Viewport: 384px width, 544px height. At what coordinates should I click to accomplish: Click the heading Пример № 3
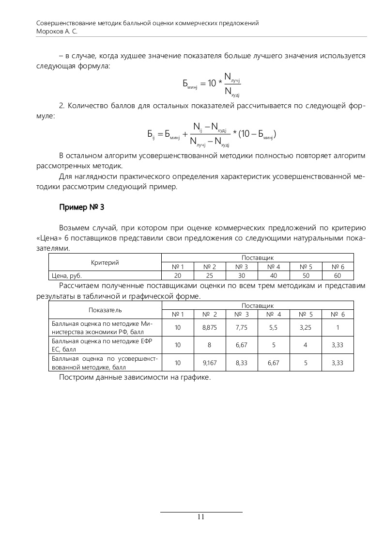(81, 207)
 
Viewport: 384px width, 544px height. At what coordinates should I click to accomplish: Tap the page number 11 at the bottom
(201, 517)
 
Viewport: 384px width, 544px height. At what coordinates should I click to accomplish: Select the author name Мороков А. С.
(57, 31)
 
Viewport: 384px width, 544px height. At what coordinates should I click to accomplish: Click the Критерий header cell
(105, 262)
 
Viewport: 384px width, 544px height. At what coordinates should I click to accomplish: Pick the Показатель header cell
(105, 310)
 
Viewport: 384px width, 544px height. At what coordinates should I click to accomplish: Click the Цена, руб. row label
(67, 275)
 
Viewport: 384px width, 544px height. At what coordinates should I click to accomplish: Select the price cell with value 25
(210, 275)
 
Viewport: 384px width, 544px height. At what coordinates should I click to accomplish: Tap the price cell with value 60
(338, 275)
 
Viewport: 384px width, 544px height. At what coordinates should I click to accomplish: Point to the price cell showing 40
(274, 275)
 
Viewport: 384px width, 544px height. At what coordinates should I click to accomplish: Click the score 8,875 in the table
(210, 328)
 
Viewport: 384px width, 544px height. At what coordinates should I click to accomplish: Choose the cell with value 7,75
(241, 328)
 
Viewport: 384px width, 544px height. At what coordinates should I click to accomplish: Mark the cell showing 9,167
(210, 362)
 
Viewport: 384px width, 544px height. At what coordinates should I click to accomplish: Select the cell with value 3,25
(306, 328)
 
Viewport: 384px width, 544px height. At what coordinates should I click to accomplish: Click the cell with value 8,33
(241, 362)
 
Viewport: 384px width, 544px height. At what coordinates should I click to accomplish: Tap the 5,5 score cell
(274, 328)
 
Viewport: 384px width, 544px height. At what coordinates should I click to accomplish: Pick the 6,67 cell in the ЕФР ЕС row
(241, 345)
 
